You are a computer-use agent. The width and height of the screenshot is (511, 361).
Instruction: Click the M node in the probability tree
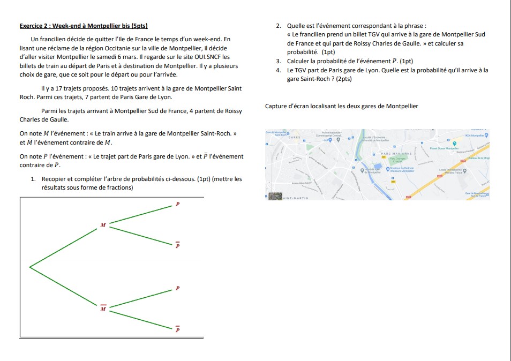[x=103, y=225]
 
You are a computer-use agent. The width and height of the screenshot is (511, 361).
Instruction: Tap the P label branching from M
[x=178, y=204]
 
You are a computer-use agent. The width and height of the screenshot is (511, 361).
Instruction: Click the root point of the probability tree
[x=30, y=266]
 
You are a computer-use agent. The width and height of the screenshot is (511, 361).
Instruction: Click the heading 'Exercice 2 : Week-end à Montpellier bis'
[x=83, y=26]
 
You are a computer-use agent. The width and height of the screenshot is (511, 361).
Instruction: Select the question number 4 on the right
[x=279, y=70]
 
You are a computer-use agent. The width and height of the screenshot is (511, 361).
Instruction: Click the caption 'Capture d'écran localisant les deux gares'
[x=341, y=106]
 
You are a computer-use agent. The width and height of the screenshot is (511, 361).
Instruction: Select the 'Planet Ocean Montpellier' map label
[x=445, y=149]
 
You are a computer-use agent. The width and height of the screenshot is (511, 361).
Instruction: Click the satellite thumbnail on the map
[x=275, y=196]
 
